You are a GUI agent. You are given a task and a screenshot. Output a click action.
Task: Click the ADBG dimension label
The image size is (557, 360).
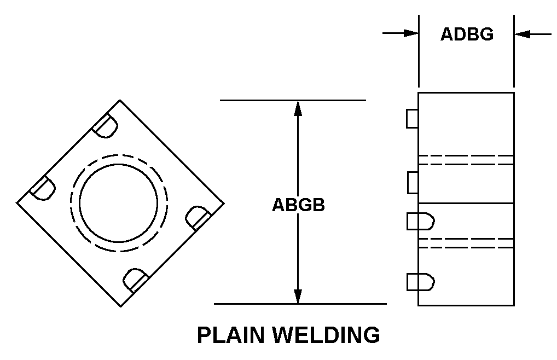467,34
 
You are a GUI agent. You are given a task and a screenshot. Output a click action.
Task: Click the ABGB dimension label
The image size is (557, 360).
298,205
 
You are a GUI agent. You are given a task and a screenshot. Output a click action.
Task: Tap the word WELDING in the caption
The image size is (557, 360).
328,335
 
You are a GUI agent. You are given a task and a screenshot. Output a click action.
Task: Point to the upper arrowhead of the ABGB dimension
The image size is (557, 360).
298,107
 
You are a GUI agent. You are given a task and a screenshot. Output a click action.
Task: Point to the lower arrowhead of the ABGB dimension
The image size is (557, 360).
298,297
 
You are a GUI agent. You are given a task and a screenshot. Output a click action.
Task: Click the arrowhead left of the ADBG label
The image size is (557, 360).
411,33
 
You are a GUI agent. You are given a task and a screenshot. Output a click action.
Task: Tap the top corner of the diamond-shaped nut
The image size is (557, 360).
120,100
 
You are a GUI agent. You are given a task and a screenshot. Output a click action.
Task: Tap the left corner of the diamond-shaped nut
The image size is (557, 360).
17,203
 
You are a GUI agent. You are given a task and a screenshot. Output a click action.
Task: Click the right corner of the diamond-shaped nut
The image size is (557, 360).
223,203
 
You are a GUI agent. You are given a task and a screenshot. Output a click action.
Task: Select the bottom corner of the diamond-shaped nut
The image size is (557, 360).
120,306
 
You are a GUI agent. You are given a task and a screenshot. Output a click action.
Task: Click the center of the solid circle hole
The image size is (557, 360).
119,203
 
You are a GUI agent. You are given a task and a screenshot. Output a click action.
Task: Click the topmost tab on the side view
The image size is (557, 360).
413,119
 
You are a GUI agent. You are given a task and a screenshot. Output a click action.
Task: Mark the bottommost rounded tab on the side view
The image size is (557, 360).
420,282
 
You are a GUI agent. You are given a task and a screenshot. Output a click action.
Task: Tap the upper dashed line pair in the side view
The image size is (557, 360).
466,160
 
